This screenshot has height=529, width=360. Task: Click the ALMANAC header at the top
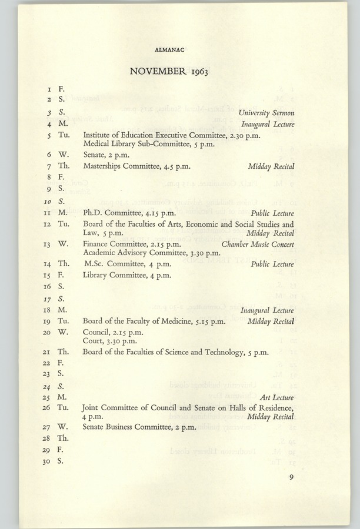tap(170, 51)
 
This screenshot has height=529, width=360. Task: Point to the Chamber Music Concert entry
tap(258, 244)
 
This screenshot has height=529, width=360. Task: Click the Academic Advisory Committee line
tap(152, 253)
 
